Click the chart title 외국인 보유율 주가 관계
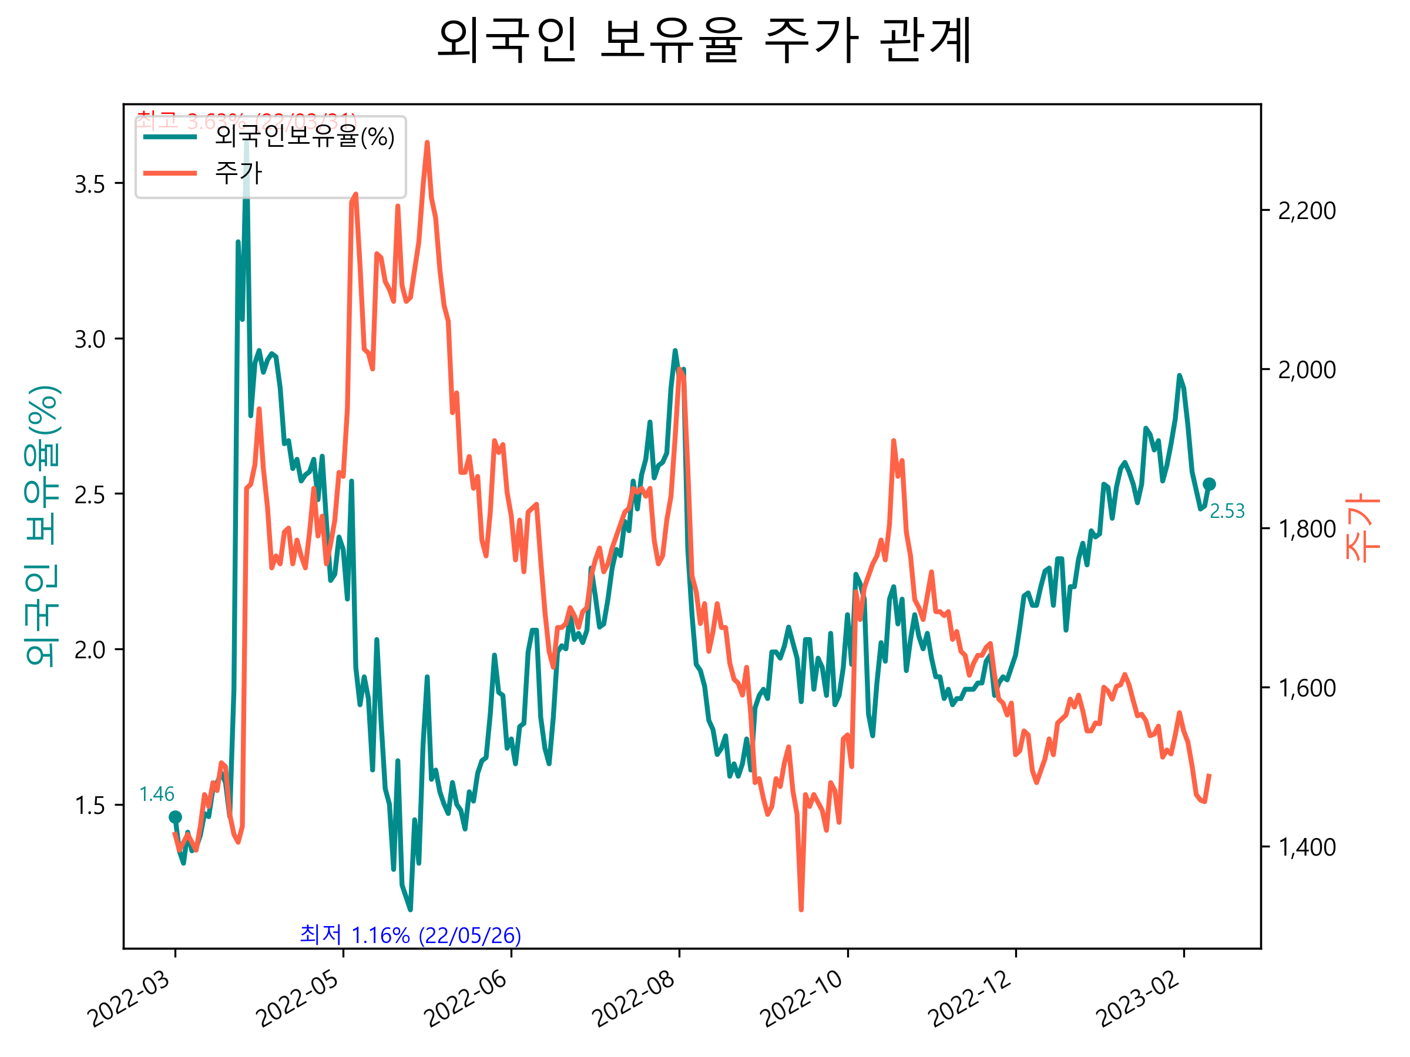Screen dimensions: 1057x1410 click(x=704, y=40)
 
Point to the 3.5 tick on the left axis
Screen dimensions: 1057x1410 click(x=89, y=184)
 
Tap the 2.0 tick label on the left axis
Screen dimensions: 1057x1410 click(x=89, y=651)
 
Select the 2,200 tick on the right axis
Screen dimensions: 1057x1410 click(x=1307, y=211)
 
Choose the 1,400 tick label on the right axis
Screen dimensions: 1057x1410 click(x=1307, y=847)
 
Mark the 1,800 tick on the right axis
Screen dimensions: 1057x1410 click(x=1307, y=529)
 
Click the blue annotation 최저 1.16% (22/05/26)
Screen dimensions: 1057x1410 click(x=410, y=935)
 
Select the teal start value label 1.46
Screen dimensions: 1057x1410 click(x=156, y=795)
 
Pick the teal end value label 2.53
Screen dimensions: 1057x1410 click(x=1227, y=511)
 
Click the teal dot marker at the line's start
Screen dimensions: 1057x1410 click(x=175, y=817)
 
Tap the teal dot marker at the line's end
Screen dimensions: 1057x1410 click(x=1208, y=484)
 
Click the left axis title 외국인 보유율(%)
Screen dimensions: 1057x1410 click(x=42, y=526)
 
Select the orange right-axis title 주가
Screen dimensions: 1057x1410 click(x=1362, y=527)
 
